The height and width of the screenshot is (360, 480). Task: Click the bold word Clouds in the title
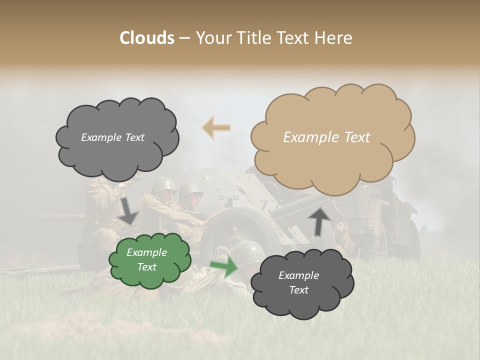click(147, 38)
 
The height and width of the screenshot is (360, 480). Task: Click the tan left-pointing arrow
click(216, 128)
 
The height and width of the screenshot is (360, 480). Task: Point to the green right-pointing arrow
click(223, 267)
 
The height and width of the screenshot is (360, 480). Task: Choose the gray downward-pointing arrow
click(128, 210)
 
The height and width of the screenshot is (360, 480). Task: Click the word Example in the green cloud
click(146, 252)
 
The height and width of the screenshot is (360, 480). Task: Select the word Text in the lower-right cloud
click(299, 290)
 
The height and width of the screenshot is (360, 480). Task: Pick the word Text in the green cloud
click(147, 267)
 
